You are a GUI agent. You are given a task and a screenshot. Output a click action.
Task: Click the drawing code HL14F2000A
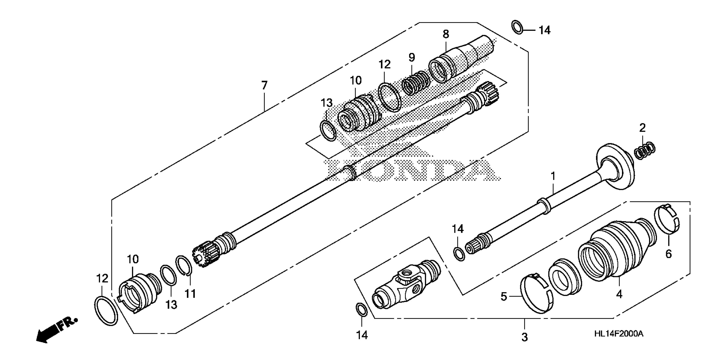619,334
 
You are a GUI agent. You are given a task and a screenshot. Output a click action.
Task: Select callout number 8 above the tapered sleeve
446,34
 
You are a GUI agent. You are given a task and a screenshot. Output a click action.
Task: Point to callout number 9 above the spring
412,57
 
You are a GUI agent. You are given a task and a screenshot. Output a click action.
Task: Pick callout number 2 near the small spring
642,128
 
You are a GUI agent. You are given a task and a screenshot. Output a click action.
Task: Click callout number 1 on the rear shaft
553,176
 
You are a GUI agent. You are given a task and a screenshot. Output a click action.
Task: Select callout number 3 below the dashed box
524,337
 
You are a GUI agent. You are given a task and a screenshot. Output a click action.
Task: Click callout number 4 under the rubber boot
619,294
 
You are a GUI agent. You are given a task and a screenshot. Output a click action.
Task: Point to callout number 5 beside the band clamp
504,297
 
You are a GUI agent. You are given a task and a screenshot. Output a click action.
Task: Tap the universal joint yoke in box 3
406,286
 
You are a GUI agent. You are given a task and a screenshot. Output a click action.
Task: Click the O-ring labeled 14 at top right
517,27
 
